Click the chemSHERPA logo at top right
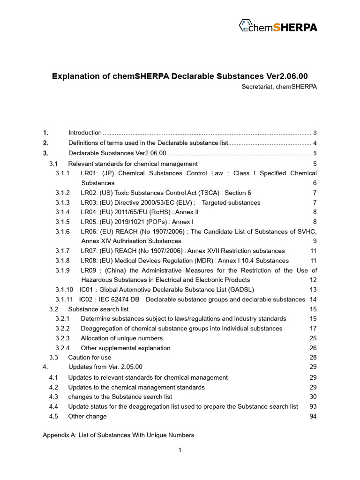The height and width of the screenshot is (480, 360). coord(277,26)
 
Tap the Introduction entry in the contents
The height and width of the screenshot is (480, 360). coord(85,133)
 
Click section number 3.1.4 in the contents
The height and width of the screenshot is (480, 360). coord(62,212)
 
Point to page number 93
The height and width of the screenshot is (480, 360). coord(313,406)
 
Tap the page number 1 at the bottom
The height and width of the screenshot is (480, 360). coord(180,450)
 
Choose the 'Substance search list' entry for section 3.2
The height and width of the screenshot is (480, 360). coord(98,309)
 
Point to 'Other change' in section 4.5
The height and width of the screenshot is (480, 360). coord(87,416)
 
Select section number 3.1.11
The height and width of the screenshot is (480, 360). coord(64,300)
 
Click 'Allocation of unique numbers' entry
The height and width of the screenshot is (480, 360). coord(121,338)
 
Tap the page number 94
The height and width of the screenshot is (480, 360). coord(313,416)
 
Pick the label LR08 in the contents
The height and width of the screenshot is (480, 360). coord(89,261)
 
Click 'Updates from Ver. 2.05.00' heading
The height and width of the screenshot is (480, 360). coord(105,367)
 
